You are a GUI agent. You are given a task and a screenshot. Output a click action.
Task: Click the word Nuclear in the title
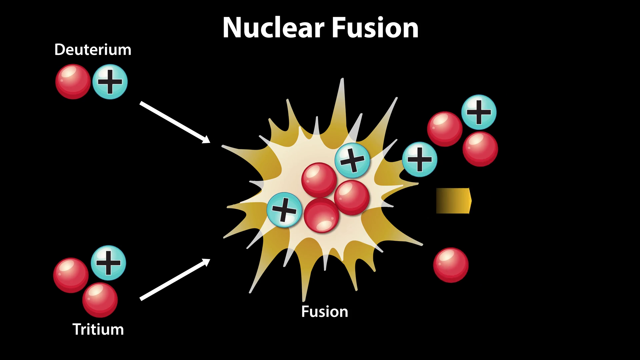[273, 28]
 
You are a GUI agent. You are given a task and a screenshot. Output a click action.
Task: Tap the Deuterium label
[93, 50]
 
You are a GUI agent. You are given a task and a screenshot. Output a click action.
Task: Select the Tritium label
[98, 329]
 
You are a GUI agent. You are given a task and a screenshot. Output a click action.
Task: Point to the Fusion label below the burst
[325, 312]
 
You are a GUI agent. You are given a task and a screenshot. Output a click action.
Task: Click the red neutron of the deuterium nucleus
[73, 82]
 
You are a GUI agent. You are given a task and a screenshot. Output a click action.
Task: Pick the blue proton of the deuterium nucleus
[110, 82]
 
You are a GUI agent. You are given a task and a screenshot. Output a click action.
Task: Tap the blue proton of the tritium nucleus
[108, 263]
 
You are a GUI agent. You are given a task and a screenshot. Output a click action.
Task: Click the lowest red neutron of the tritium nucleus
[100, 300]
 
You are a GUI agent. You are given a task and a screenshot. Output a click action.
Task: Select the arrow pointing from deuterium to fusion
[175, 122]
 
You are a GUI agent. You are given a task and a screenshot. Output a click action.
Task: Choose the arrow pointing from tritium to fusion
[175, 279]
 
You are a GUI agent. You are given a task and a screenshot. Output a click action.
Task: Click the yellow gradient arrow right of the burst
[454, 201]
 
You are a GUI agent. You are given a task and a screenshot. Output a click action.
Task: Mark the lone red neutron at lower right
[451, 265]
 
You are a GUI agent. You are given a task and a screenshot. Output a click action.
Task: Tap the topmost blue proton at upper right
[479, 112]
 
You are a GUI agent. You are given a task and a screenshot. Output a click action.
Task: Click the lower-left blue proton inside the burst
[284, 210]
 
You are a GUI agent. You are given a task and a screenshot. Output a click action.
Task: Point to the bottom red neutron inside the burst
[321, 216]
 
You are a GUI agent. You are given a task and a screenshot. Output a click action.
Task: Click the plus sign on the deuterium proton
[110, 82]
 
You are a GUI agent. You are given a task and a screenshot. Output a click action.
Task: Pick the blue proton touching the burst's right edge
[420, 159]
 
